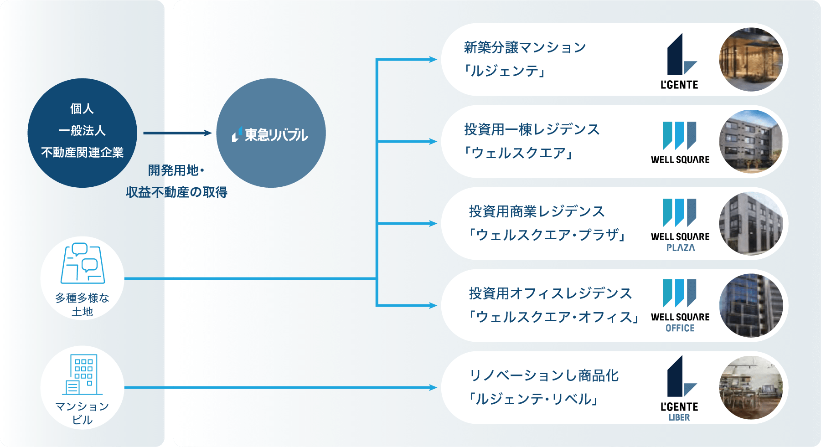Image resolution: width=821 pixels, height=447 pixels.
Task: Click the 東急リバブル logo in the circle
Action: pyautogui.click(x=270, y=134)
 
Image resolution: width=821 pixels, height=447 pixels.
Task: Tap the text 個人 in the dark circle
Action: pyautogui.click(x=82, y=108)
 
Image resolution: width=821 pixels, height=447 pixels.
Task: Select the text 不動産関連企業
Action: pyautogui.click(x=82, y=152)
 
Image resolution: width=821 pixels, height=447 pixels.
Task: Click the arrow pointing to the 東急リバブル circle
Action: pyautogui.click(x=177, y=133)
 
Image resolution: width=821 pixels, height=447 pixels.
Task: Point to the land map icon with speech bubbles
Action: pyautogui.click(x=83, y=263)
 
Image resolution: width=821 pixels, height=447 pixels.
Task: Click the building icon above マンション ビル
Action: pyautogui.click(x=83, y=374)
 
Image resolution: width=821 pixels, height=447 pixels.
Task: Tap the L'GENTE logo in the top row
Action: pyautogui.click(x=679, y=61)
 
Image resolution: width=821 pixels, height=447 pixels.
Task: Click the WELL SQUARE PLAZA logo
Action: pyautogui.click(x=680, y=225)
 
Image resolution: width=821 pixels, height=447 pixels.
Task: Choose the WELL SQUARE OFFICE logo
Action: pyautogui.click(x=680, y=306)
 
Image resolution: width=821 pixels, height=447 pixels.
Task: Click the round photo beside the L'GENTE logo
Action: pyautogui.click(x=751, y=60)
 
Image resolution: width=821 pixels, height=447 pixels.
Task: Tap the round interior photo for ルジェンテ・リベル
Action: pyautogui.click(x=751, y=388)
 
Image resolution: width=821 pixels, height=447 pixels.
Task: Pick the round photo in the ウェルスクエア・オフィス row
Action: pyautogui.click(x=751, y=306)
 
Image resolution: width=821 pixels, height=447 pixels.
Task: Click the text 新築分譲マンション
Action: pyautogui.click(x=525, y=47)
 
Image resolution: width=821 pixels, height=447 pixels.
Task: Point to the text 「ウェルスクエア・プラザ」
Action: pyautogui.click(x=547, y=235)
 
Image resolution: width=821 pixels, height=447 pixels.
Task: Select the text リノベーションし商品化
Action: pyautogui.click(x=544, y=375)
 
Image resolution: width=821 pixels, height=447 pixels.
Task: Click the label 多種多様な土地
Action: pyautogui.click(x=82, y=304)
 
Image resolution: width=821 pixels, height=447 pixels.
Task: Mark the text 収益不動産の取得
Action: pyautogui.click(x=176, y=192)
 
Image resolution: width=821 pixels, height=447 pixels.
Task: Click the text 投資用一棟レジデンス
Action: pyautogui.click(x=532, y=129)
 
